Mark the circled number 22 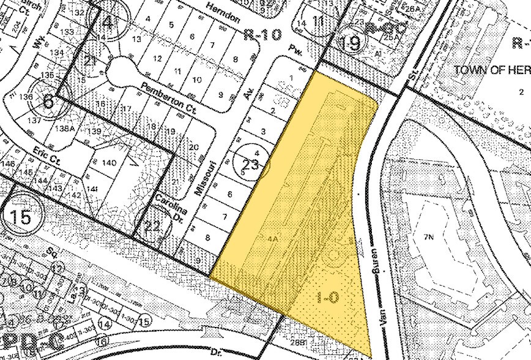coord(152,225)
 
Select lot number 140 coord(109,163)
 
